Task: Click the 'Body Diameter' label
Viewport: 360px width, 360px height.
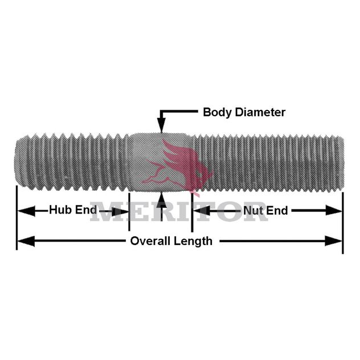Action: [x=244, y=112]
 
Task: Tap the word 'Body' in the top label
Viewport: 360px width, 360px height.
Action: [x=215, y=112]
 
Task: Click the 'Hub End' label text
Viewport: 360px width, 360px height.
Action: [x=72, y=210]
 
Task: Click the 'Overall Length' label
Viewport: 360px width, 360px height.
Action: [x=171, y=241]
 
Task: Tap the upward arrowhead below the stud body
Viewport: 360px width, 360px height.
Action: [x=162, y=199]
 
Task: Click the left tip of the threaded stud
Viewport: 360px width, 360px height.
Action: [x=16, y=163]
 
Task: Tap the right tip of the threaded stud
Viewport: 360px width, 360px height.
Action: [x=342, y=163]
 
